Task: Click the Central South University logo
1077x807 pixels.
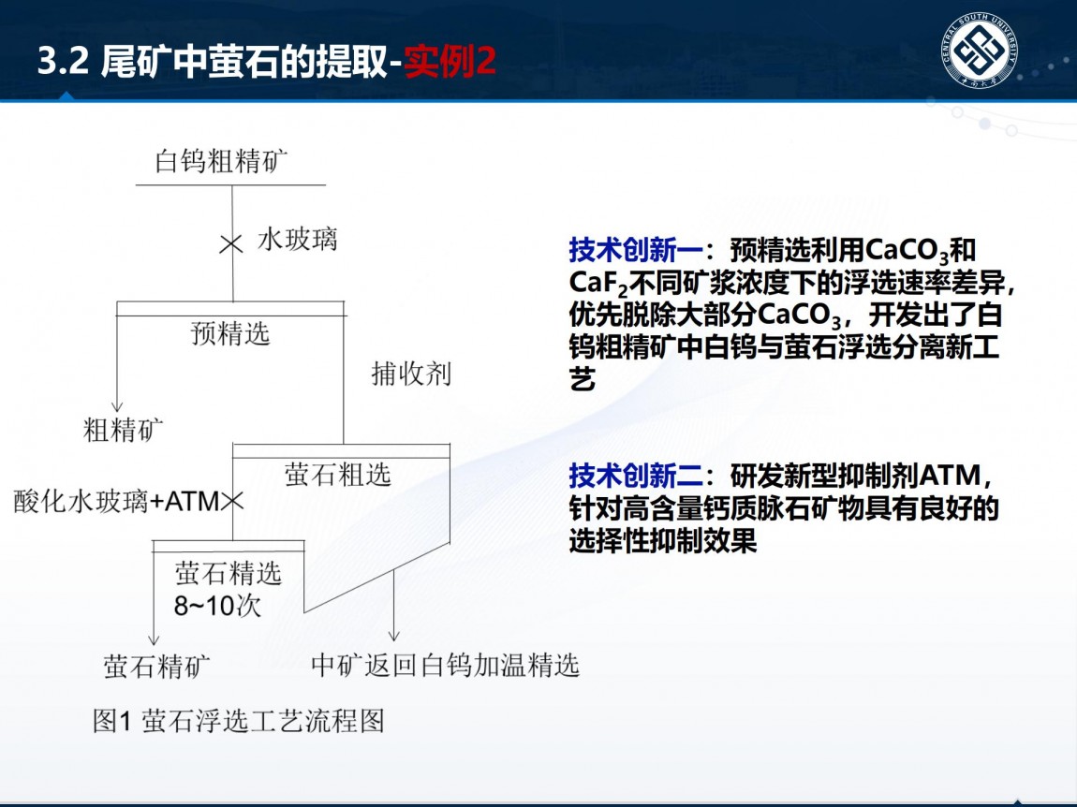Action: [x=979, y=51]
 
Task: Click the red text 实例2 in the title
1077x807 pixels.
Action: [x=450, y=62]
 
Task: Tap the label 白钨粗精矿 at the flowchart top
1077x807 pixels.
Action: [x=222, y=161]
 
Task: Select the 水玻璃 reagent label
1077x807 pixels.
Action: [x=298, y=240]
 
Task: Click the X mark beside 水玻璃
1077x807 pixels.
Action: [x=231, y=243]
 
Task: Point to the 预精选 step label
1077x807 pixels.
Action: [x=230, y=334]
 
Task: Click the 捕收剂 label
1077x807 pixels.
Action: [x=411, y=374]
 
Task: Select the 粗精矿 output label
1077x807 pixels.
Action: [x=124, y=431]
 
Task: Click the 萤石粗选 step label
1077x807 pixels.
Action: [x=338, y=475]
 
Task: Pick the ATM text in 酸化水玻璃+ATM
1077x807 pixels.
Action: [x=192, y=502]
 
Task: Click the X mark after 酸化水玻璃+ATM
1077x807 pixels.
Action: [x=232, y=501]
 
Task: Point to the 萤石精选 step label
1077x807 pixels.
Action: [x=229, y=573]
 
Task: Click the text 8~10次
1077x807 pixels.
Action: [x=217, y=606]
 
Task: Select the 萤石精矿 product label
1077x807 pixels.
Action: [x=157, y=667]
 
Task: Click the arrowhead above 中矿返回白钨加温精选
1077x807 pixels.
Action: [x=393, y=635]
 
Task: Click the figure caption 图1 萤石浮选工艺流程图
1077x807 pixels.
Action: [x=238, y=721]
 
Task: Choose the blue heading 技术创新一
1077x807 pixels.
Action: [x=635, y=250]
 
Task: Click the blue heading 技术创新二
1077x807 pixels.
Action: [x=635, y=476]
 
